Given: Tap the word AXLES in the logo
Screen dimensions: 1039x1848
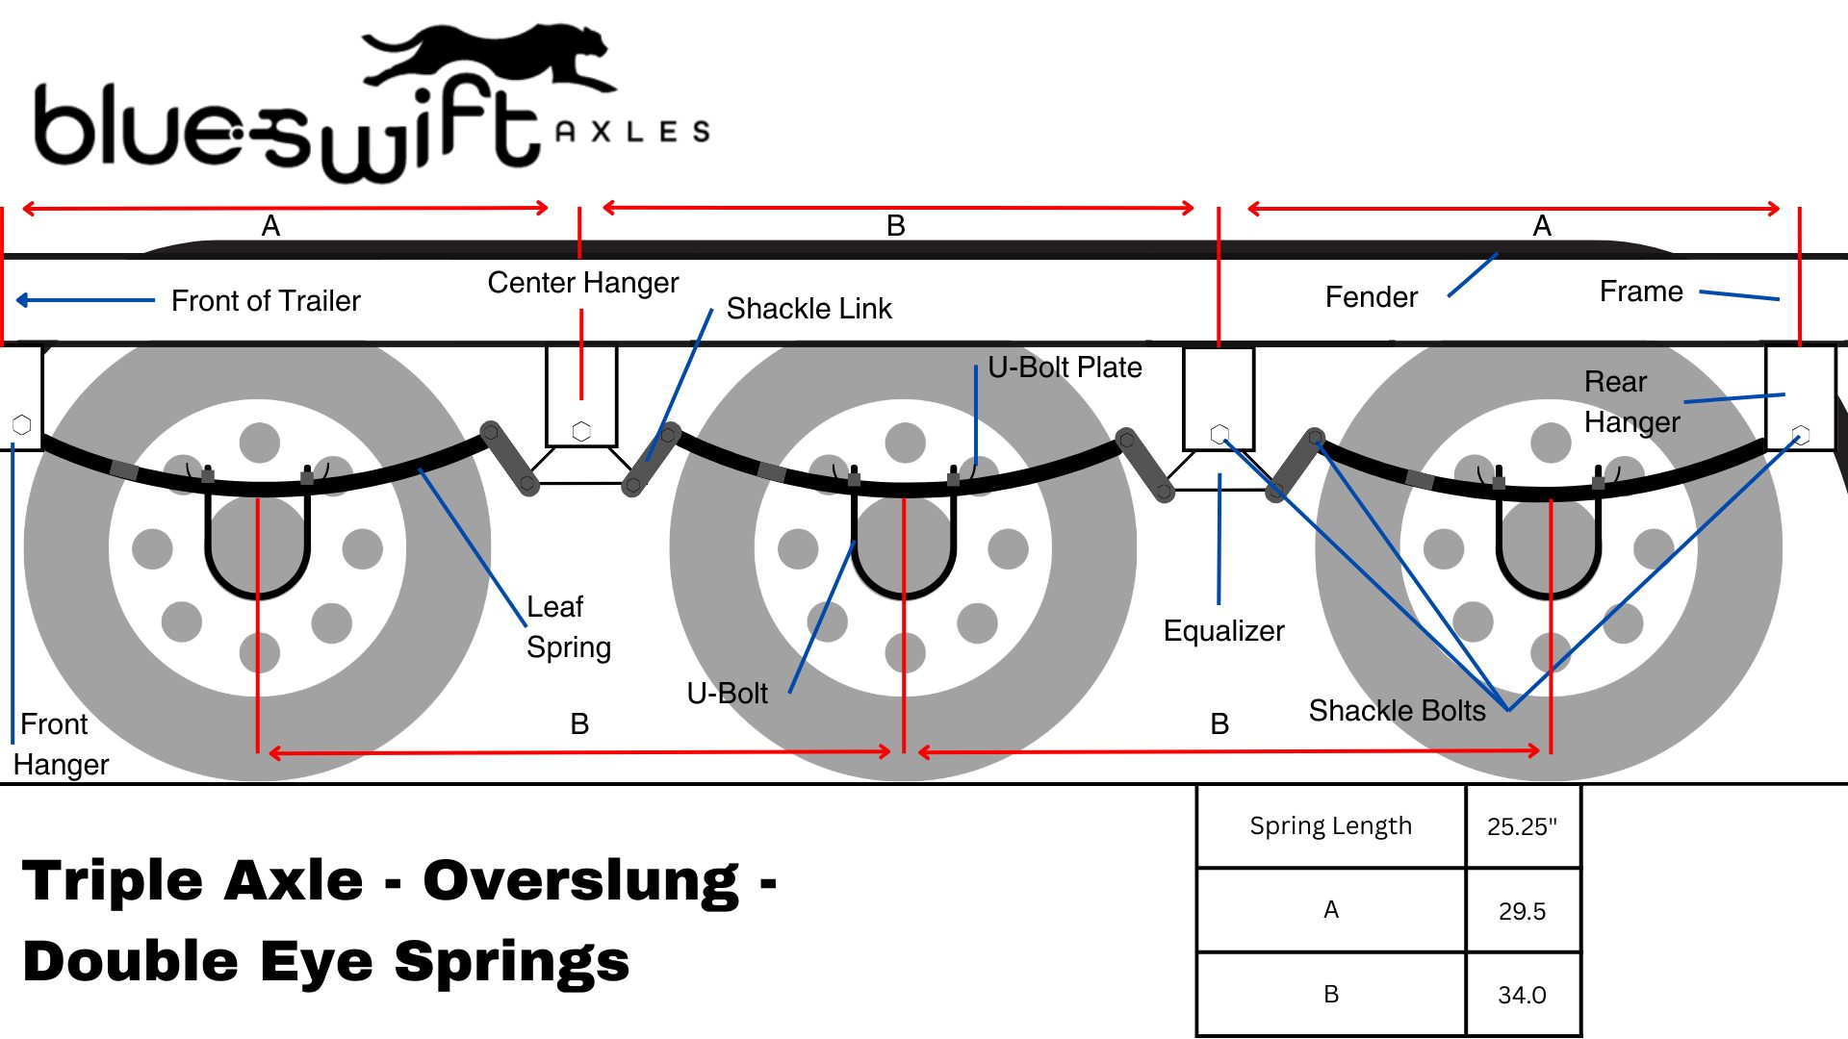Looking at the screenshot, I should click(632, 132).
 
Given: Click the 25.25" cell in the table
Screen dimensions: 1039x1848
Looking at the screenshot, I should click(1522, 826).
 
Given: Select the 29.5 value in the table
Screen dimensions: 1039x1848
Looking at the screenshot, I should click(1522, 911).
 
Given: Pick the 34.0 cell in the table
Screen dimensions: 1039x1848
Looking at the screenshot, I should click(1522, 995).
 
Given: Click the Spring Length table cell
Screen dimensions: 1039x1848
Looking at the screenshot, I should click(1330, 825).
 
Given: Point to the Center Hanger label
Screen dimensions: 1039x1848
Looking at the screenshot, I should click(582, 283).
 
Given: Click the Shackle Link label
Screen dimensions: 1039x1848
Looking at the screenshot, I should click(808, 309).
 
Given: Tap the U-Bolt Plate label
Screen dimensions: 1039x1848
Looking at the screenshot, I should click(1065, 367).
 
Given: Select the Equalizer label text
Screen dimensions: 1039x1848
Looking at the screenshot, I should click(1223, 631).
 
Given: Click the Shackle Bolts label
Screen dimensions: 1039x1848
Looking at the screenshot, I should click(1397, 711).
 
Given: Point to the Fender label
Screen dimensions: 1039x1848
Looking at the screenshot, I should click(1371, 297).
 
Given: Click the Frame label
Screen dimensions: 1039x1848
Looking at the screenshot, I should click(1641, 291).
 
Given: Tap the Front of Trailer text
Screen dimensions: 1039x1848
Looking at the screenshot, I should click(266, 301).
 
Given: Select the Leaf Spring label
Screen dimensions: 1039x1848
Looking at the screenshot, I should click(568, 627).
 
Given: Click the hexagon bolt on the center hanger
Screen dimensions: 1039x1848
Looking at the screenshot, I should click(581, 431).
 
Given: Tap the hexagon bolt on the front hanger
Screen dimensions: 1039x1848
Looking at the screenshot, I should click(21, 424).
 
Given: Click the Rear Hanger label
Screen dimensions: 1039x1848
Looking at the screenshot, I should click(1631, 402).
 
